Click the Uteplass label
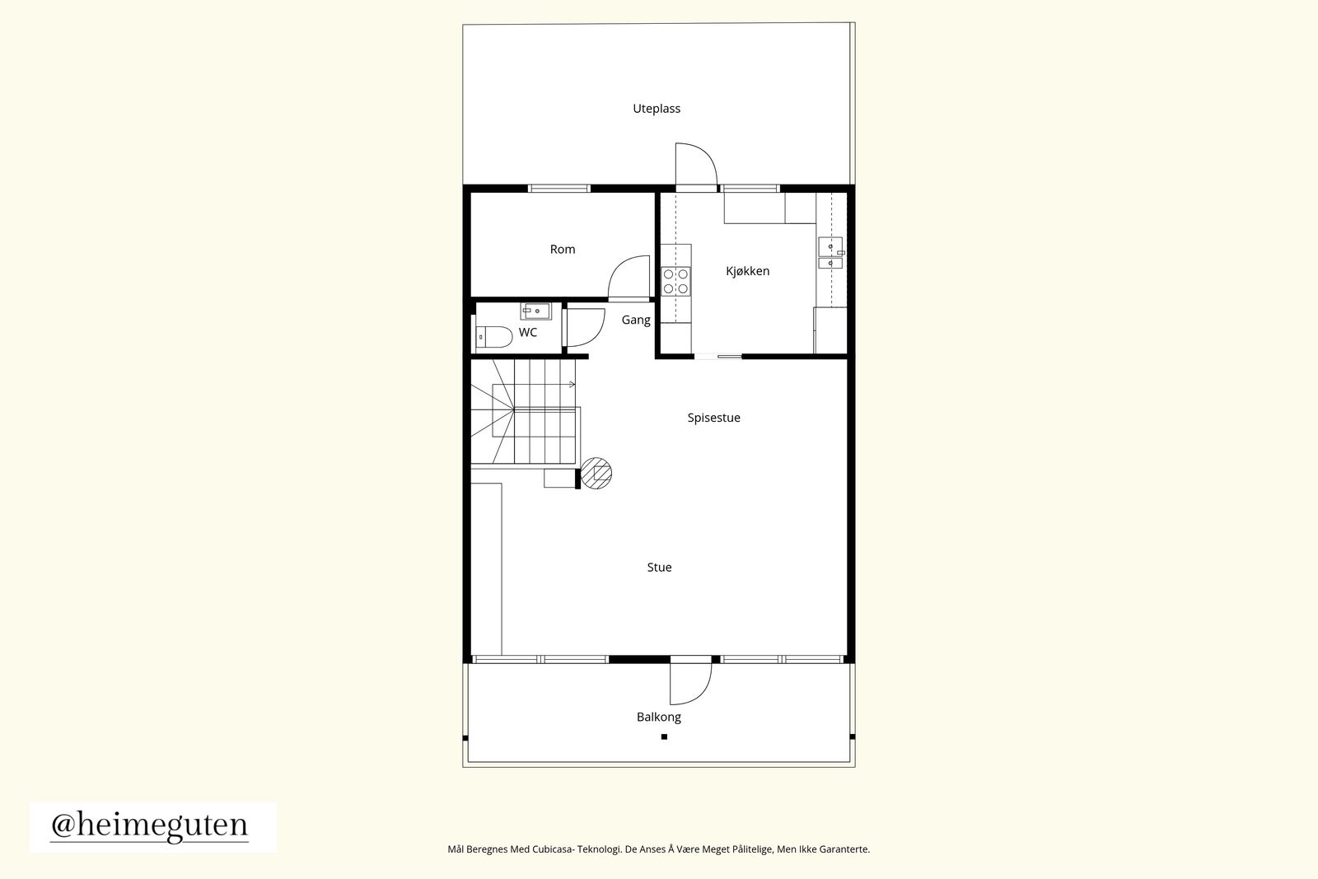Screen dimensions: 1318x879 tap(656, 109)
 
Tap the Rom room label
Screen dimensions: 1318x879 tap(563, 250)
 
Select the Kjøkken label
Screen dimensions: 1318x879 tap(747, 271)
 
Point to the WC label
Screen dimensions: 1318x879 tap(528, 333)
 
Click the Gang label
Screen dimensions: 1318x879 tap(636, 320)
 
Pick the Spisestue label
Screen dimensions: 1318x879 tap(713, 418)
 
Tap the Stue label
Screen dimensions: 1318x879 tap(659, 567)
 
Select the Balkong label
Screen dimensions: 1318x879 tap(658, 718)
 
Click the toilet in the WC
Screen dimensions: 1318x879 tap(493, 337)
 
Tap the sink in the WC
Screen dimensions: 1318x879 tap(535, 311)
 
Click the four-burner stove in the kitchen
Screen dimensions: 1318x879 tap(675, 281)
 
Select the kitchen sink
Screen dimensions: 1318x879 tap(830, 252)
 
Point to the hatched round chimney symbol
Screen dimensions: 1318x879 tap(596, 473)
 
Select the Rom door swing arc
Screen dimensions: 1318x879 tap(618, 268)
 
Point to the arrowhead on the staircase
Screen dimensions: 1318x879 tap(573, 385)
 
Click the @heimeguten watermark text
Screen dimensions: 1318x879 tap(149, 826)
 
